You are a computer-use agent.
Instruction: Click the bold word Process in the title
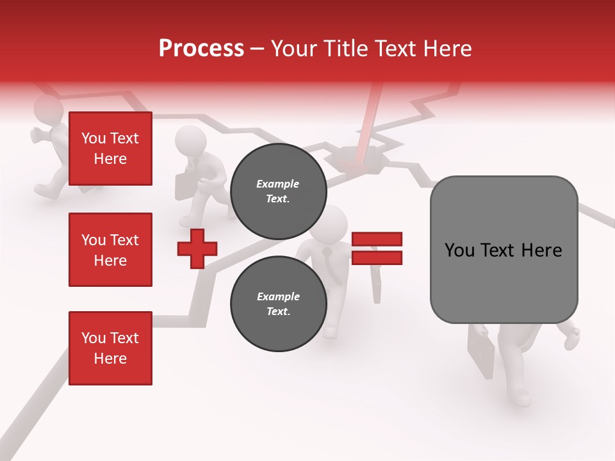point(201,49)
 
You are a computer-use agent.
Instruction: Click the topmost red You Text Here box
point(110,149)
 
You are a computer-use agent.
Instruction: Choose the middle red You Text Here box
point(110,250)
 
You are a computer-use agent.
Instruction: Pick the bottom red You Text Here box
point(110,348)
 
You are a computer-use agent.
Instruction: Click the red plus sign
point(197,248)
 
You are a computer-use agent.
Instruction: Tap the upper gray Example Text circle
point(278,191)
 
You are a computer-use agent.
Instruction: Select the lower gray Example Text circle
point(278,304)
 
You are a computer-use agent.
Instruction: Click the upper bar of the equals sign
point(377,239)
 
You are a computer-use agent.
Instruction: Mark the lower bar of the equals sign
point(377,258)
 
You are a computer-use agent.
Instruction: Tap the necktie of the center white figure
point(328,260)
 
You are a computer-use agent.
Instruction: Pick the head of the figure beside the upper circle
point(190,140)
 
